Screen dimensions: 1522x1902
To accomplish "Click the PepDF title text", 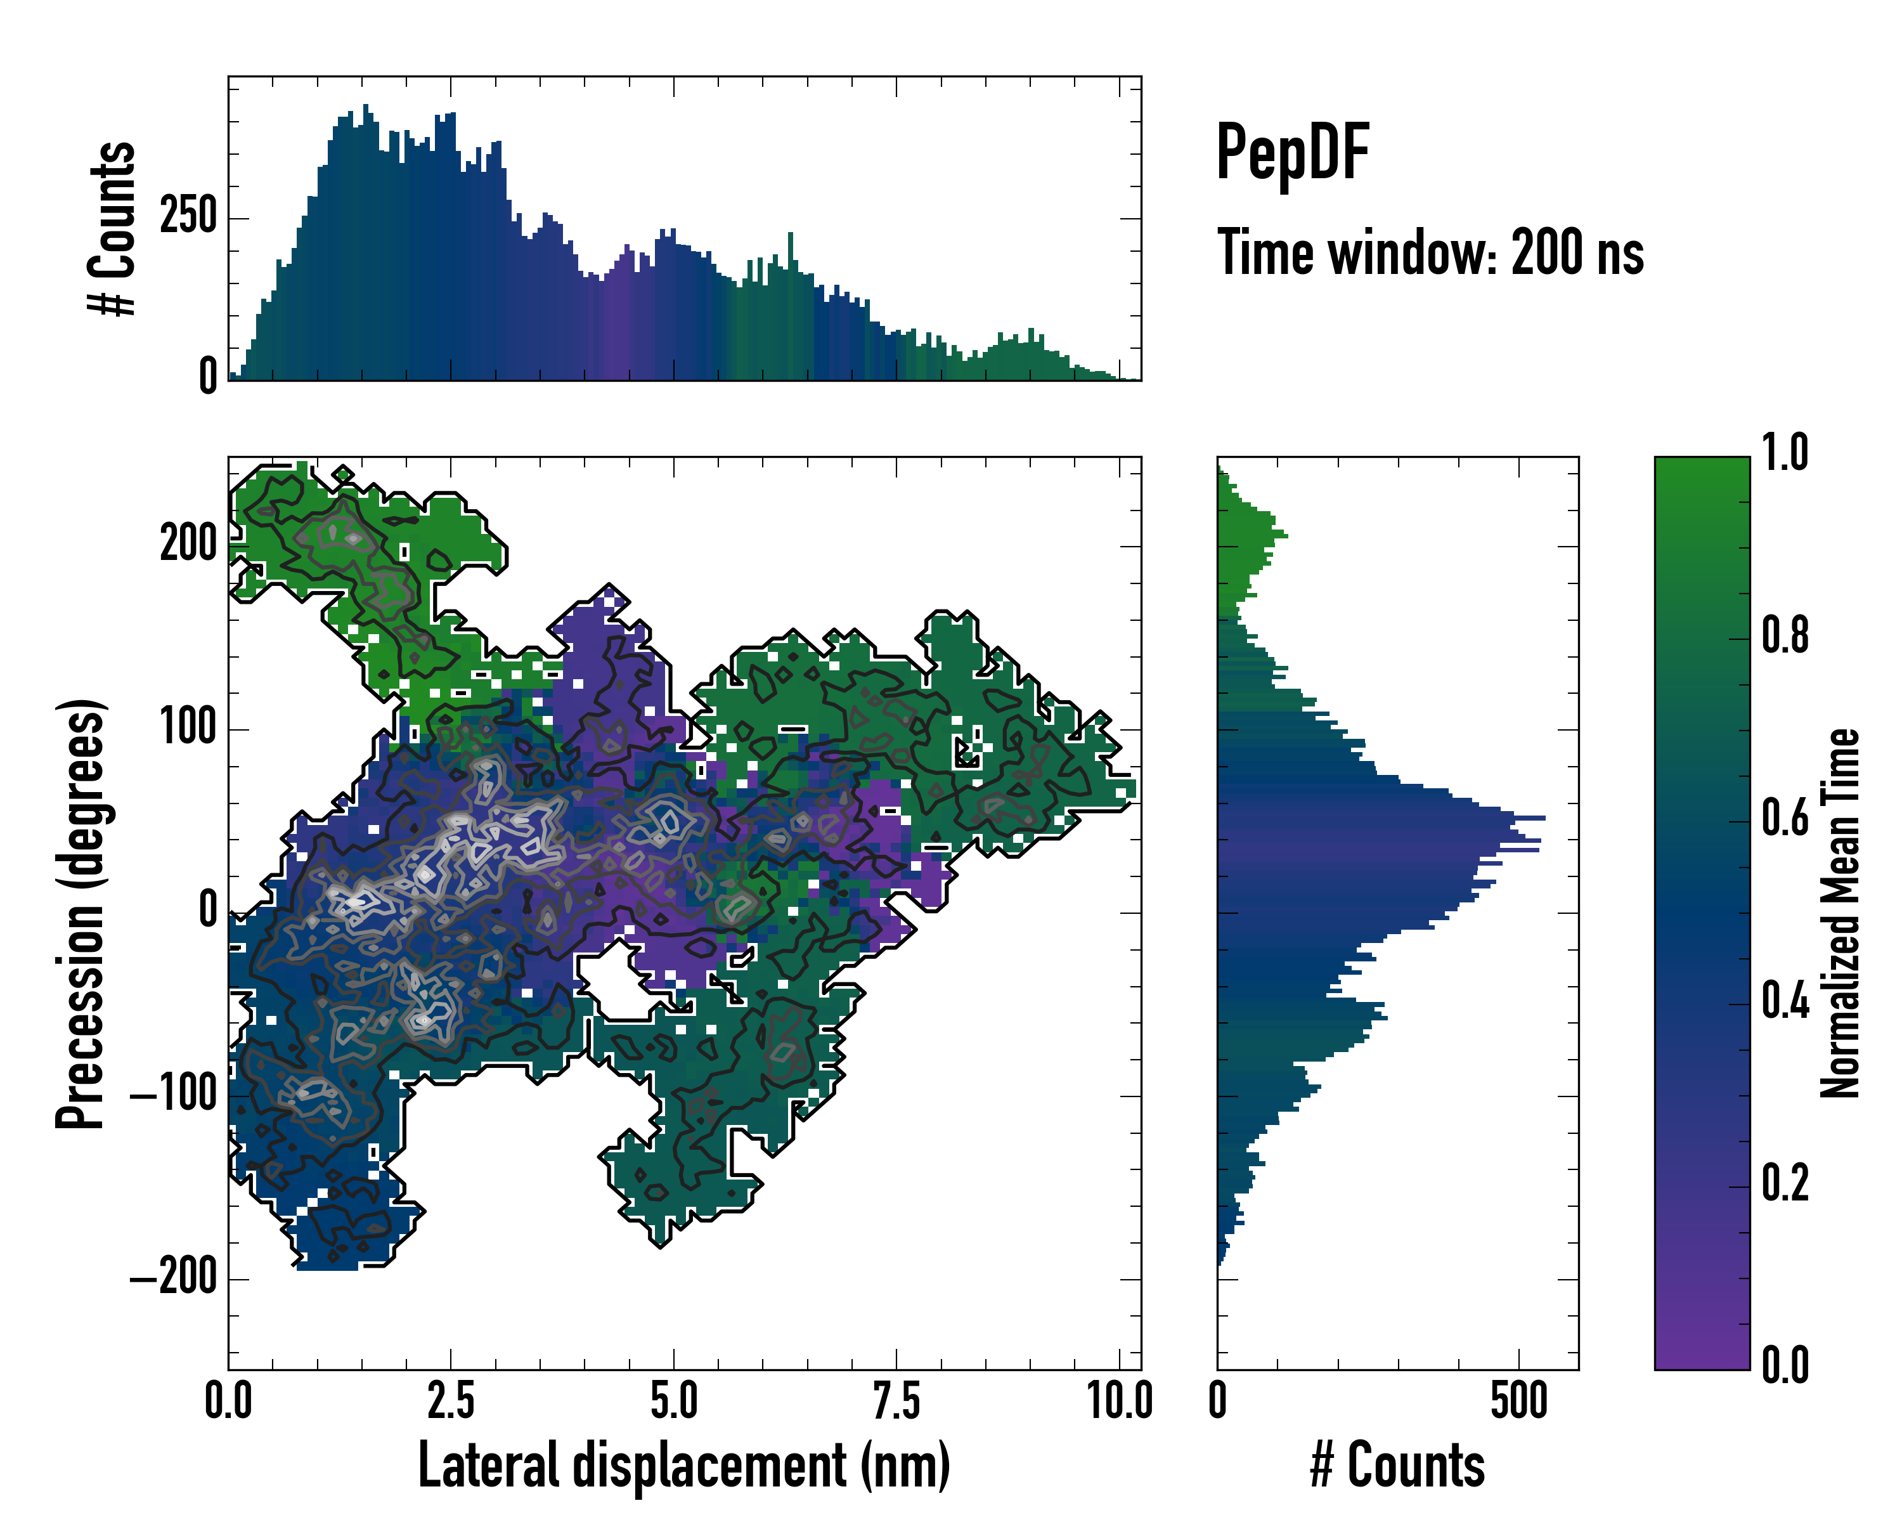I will click(1291, 153).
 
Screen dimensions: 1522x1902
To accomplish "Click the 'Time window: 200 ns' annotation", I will click(1430, 252).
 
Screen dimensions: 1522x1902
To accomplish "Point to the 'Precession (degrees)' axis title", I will click(81, 913).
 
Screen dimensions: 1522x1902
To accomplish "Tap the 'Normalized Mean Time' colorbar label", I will click(1839, 913).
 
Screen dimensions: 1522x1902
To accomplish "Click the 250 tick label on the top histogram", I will click(188, 217).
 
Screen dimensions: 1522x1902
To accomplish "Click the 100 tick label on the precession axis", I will click(188, 728).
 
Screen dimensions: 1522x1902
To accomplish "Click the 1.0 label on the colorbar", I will click(1785, 453).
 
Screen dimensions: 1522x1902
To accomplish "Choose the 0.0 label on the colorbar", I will click(1785, 1366).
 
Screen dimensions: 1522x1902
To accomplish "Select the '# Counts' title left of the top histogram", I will click(113, 228).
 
